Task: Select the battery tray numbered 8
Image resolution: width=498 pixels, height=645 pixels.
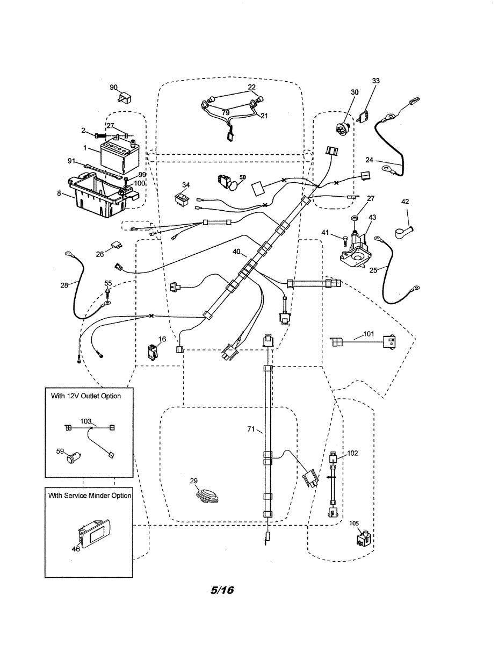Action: tap(97, 194)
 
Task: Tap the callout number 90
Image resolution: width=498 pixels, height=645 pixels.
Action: tap(113, 88)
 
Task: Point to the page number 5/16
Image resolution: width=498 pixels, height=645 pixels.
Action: tap(222, 590)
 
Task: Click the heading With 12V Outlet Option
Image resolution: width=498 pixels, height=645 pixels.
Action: tap(86, 396)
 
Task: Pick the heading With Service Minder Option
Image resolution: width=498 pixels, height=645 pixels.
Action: tap(89, 495)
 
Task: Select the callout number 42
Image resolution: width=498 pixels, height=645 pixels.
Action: tap(406, 202)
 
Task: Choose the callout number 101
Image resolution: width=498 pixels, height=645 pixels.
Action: tap(368, 334)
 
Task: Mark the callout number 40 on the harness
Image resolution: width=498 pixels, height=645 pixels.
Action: tap(236, 252)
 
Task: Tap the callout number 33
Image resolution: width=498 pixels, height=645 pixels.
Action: tap(376, 81)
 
